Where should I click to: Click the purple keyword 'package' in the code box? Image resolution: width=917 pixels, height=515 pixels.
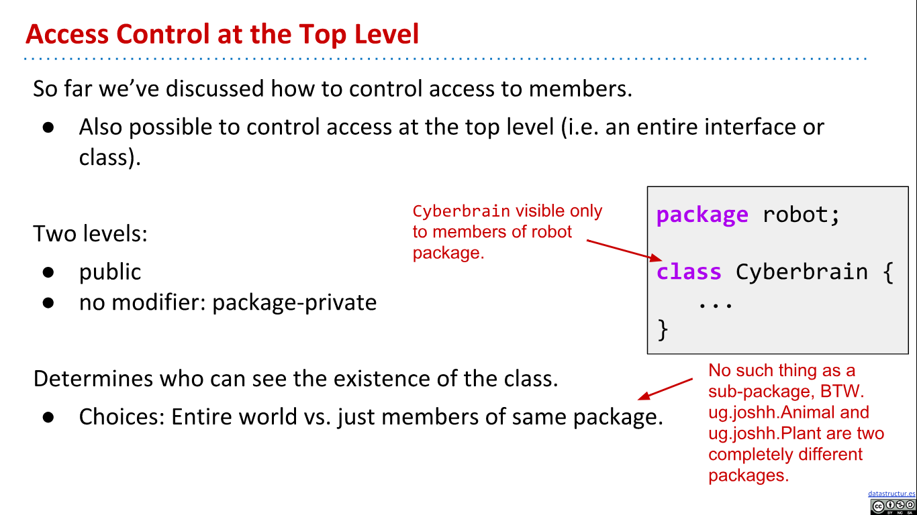702,215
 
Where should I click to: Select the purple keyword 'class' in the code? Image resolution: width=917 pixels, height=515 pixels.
689,272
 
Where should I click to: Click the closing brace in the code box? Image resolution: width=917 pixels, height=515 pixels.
663,329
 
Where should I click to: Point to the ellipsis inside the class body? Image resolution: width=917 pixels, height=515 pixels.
715,304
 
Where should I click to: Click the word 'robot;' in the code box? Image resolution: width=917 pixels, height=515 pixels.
802,215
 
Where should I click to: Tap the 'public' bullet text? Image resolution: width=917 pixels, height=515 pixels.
110,272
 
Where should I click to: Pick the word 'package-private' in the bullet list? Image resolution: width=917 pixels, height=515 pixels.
294,303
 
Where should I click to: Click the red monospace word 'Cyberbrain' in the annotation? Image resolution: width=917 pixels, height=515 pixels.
461,211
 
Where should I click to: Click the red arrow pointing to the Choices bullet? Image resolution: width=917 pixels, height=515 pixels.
665,390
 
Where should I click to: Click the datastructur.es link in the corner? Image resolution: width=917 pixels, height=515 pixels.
891,494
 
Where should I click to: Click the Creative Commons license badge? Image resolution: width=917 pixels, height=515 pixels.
893,506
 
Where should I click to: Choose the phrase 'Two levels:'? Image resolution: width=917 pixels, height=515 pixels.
91,234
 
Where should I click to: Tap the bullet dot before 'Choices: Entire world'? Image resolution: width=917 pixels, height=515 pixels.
48,417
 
